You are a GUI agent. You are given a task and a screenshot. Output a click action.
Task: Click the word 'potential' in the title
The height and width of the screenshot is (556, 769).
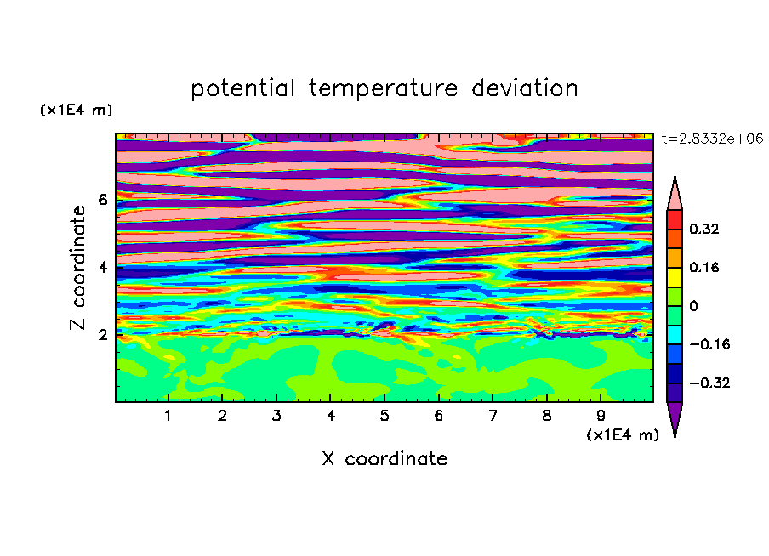[242, 89]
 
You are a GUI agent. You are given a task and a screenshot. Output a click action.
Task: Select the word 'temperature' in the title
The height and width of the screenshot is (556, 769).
[383, 89]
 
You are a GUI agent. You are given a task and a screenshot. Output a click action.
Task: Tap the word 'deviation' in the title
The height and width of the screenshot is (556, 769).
[525, 88]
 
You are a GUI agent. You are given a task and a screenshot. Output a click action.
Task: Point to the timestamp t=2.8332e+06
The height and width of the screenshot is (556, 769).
[712, 139]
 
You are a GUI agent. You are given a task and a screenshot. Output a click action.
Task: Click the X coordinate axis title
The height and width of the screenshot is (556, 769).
[384, 458]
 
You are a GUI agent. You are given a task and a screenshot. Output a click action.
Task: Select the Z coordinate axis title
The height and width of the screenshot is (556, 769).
[78, 268]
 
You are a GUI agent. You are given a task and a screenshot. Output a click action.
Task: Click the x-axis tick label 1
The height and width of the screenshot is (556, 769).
[168, 416]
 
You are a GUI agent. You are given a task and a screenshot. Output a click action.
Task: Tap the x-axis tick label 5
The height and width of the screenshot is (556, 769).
[384, 416]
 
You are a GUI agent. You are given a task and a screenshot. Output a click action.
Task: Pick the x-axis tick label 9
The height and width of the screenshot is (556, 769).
[601, 416]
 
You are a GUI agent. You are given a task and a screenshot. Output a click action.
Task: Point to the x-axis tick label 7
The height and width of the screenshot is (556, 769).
[493, 416]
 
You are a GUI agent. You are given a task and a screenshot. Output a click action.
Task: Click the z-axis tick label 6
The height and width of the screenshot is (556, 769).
[102, 200]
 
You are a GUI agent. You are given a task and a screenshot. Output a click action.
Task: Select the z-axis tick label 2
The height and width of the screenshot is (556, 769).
[102, 335]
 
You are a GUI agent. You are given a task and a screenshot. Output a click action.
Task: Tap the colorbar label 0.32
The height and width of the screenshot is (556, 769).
[703, 229]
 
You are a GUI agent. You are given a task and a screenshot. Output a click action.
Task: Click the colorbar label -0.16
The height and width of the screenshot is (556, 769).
[709, 344]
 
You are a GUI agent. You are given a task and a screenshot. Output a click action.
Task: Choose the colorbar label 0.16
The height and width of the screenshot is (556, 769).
[703, 267]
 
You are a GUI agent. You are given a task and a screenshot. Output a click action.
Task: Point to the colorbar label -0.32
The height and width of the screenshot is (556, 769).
[709, 383]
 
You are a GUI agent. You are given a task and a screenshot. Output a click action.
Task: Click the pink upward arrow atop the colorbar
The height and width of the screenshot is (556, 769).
[675, 196]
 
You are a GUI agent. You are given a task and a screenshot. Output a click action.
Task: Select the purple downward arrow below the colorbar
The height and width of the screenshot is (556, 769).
[675, 416]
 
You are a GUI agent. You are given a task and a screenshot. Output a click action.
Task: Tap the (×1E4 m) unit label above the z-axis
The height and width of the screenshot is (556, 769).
[76, 110]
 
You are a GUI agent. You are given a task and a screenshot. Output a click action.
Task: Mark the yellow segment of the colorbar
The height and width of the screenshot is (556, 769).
[675, 277]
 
